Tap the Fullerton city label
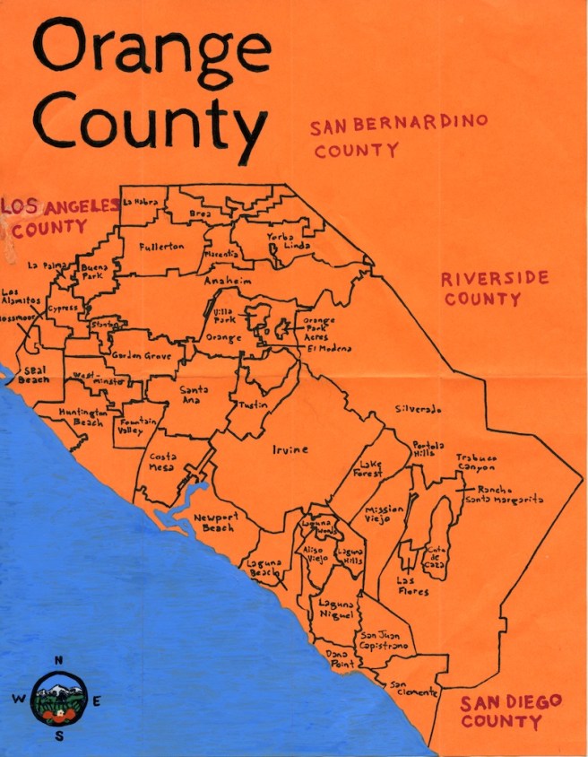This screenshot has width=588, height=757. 162,246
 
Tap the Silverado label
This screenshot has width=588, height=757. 419,409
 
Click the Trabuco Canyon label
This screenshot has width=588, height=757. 475,463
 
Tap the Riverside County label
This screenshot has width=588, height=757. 495,288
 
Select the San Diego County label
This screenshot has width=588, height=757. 511,709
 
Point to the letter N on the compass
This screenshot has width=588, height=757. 59,661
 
